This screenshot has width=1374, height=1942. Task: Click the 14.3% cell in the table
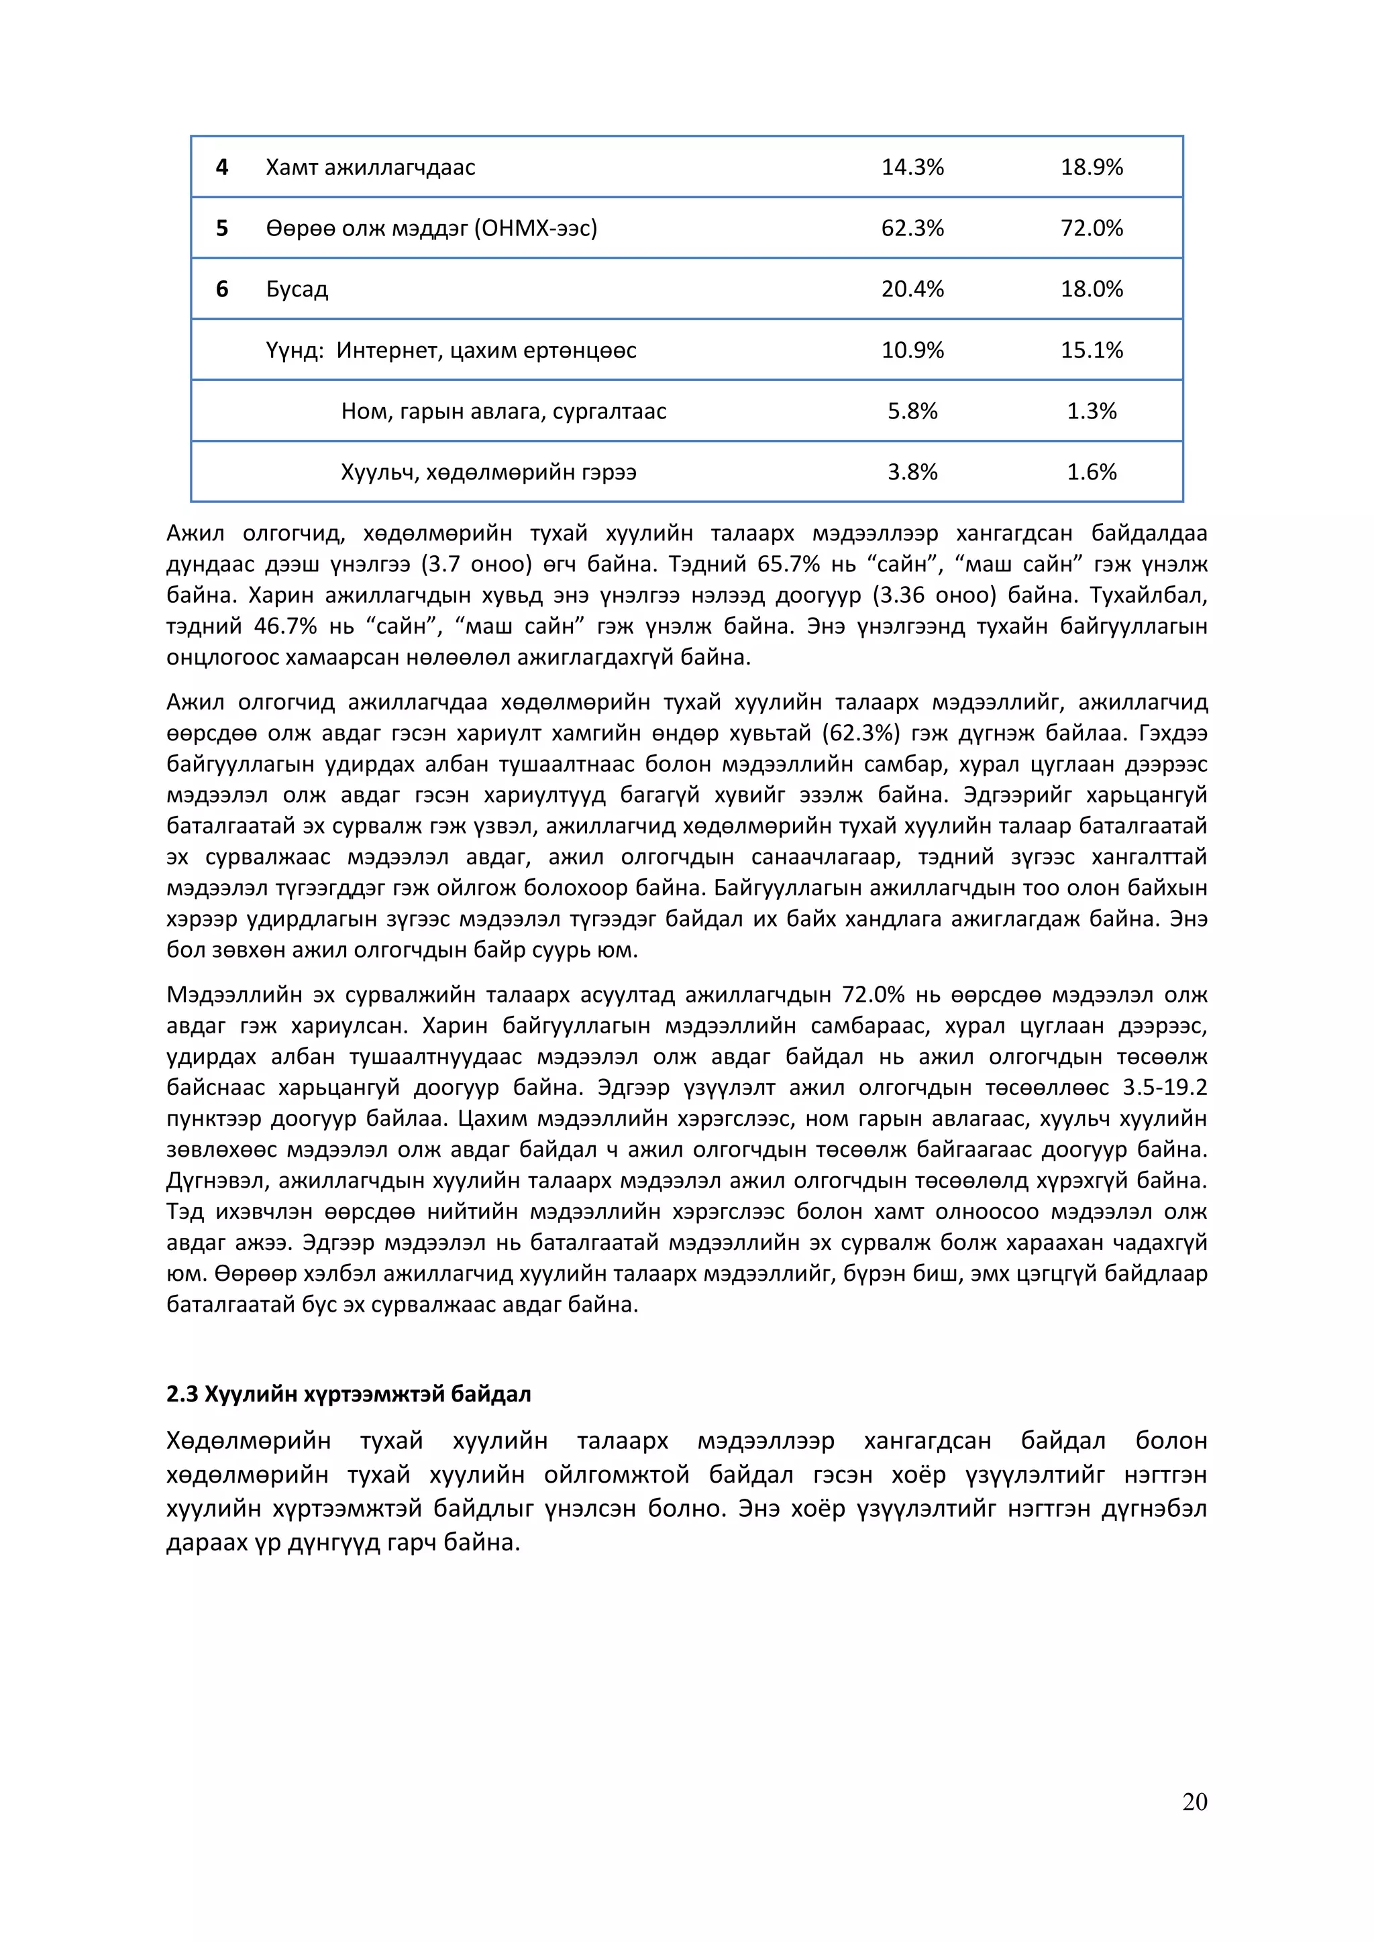click(x=912, y=168)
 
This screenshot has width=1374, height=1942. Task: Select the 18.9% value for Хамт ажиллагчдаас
click(x=1092, y=168)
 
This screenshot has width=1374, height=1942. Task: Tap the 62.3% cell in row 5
click(x=912, y=229)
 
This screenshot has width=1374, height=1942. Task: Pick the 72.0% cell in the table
click(x=1092, y=229)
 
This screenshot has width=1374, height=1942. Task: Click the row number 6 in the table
click(x=221, y=289)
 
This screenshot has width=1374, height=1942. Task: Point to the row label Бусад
click(x=297, y=289)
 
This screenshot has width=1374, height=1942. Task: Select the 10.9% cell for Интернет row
click(x=912, y=350)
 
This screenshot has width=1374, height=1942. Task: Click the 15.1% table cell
click(x=1092, y=350)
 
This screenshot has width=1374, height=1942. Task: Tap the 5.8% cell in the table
click(x=912, y=411)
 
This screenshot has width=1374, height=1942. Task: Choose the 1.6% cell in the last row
click(x=1092, y=472)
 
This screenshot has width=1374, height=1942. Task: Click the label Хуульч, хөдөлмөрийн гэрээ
click(x=488, y=472)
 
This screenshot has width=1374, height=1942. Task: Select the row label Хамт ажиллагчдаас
click(x=370, y=168)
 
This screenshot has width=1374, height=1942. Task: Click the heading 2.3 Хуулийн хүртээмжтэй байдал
click(x=349, y=1394)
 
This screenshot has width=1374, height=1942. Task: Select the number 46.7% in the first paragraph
click(x=285, y=627)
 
